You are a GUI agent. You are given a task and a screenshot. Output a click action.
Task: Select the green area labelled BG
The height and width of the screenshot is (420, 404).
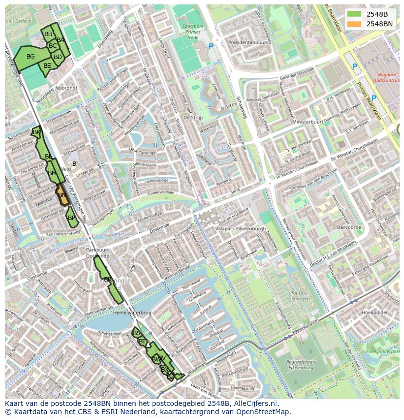30,57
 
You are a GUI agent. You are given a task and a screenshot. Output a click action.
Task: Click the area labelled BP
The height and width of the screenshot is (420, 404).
72,218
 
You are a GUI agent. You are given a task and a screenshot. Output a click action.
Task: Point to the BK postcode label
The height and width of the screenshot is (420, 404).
36,132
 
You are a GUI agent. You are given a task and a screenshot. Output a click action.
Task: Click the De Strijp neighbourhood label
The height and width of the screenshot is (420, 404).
193,118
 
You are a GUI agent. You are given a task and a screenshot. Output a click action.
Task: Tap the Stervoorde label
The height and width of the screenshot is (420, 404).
348,227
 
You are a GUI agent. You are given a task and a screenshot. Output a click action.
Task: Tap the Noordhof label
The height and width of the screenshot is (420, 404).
66,88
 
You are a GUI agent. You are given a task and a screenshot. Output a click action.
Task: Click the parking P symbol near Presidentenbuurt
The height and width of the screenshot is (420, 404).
211,47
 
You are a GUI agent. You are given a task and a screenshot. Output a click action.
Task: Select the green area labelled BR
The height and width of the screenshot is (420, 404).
108,280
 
